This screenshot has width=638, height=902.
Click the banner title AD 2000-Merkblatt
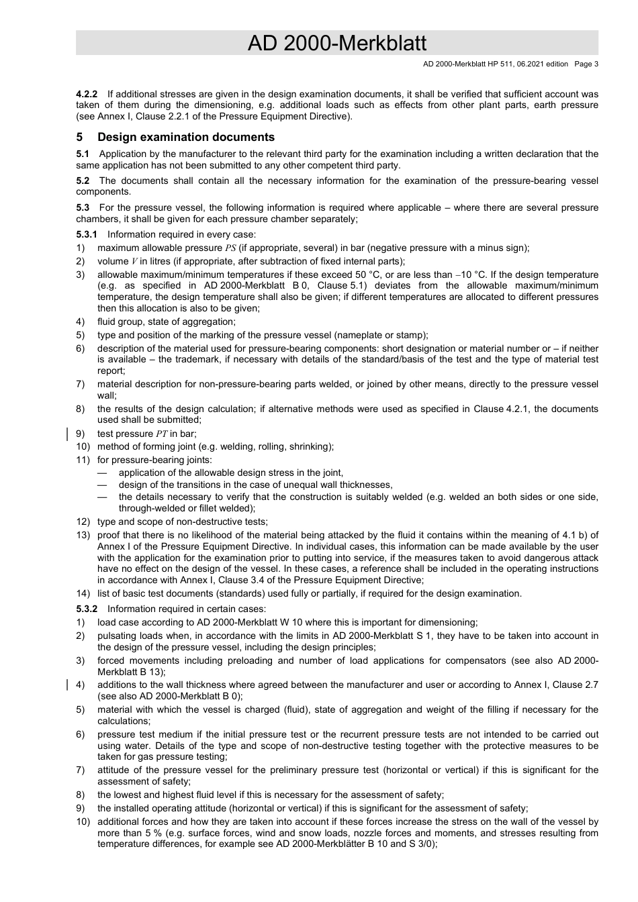[x=336, y=43]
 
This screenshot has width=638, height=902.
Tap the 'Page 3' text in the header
[x=586, y=64]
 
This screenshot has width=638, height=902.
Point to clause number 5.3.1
[x=87, y=234]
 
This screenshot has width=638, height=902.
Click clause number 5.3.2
[x=87, y=609]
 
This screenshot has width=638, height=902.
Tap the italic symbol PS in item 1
[x=230, y=248]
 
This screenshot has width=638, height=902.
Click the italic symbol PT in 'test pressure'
[x=162, y=434]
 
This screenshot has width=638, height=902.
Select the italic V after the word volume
[x=134, y=261]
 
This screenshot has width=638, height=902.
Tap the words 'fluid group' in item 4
[x=120, y=321]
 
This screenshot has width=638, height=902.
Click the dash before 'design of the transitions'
[x=102, y=485]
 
